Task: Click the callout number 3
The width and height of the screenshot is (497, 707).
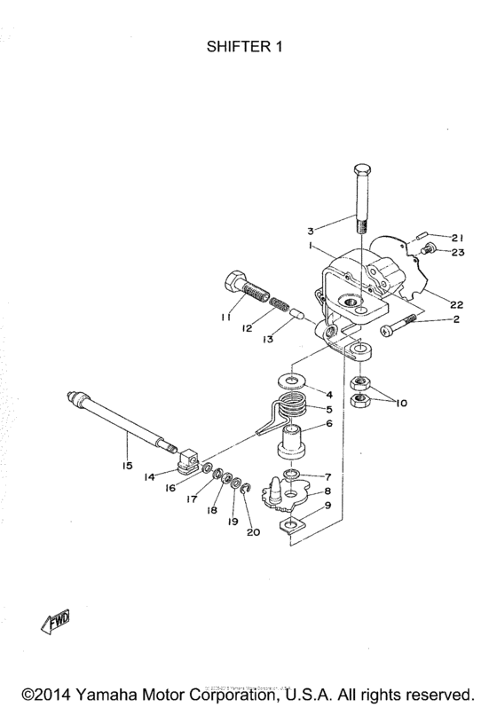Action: click(312, 229)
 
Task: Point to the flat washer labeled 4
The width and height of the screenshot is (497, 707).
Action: click(292, 381)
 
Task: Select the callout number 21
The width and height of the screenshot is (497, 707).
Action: click(458, 237)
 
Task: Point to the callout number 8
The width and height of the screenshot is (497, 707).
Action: click(329, 491)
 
